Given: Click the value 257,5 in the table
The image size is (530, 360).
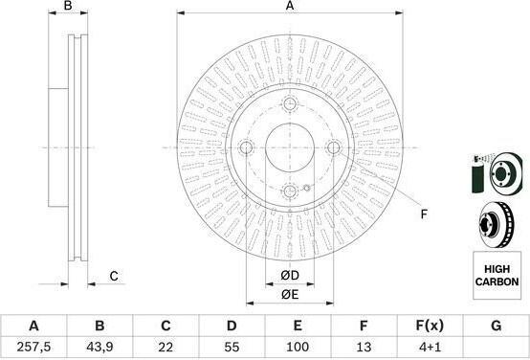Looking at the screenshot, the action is pos(33,347).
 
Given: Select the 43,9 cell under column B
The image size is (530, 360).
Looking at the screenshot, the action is pos(99,347).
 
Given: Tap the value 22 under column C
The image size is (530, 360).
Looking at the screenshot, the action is pos(166,347).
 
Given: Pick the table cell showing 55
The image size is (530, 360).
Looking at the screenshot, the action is pos(232,347).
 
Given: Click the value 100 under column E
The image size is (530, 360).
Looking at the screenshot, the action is pos(298,347).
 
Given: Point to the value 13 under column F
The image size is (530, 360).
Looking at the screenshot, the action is pos(364,347).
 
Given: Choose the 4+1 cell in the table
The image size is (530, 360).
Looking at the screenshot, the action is pos(430,347).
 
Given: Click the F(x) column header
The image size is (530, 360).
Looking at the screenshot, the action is pos(430,326).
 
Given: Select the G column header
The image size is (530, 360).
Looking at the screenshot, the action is pos(496,326).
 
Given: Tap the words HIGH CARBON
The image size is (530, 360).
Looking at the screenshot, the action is pos(497,276).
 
